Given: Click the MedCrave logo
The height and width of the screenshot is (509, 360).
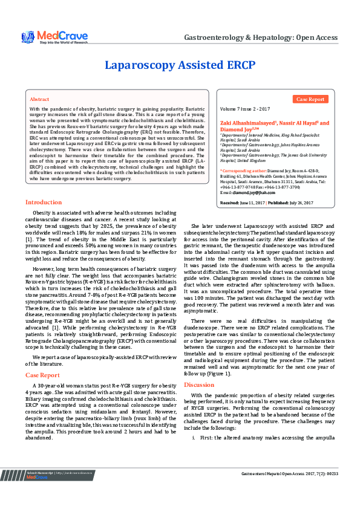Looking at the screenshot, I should tap(54, 37).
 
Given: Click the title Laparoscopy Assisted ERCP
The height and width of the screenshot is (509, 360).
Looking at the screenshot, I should tap(180, 65).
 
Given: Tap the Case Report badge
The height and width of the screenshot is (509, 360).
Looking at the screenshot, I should tap(311, 99).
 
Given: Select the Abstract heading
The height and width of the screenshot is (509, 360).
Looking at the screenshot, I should tap(39, 99).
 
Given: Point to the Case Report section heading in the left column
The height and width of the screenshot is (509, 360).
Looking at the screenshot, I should tap(42, 375).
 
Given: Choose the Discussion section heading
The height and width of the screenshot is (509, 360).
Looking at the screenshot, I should tap(199, 384).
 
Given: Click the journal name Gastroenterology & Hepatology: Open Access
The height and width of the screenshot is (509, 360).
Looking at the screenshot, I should tap(260, 37).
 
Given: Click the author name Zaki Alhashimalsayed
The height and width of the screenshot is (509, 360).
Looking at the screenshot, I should tap(248, 123).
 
